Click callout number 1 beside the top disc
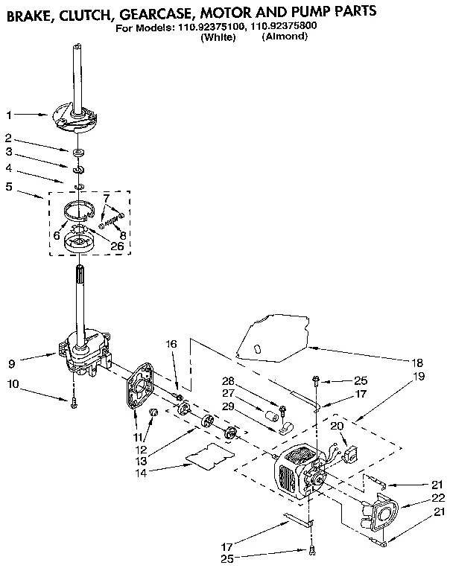pos(9,115)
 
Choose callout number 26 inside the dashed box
pos(116,247)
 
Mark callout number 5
pos(9,187)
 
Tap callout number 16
pos(171,344)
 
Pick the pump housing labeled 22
pos(379,513)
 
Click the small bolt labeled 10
pos(75,405)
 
